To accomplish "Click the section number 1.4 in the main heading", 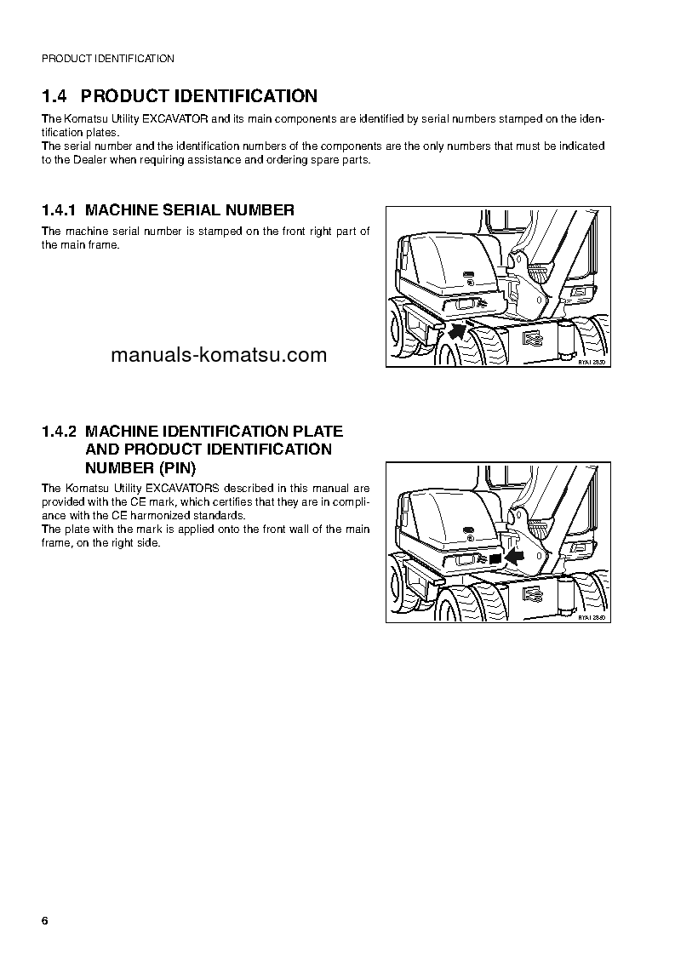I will tap(55, 96).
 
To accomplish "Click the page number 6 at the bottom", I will tap(45, 923).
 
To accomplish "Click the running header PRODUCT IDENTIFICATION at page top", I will tap(108, 59).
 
